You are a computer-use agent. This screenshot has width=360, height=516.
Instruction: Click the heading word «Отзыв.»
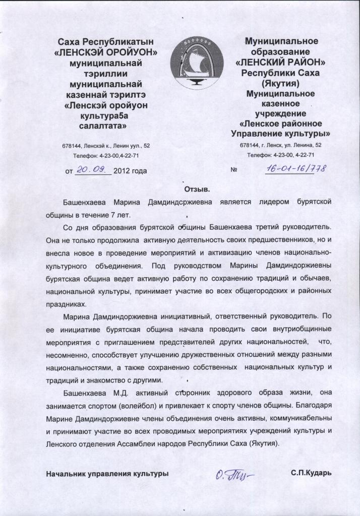[x=195, y=189]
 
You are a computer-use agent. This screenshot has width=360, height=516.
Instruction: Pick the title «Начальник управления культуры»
[x=107, y=474]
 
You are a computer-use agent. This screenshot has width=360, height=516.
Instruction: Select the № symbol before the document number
[x=233, y=170]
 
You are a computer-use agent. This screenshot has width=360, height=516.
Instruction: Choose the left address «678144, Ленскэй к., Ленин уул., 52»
[x=105, y=146]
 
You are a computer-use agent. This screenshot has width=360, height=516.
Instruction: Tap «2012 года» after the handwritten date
[x=130, y=171]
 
